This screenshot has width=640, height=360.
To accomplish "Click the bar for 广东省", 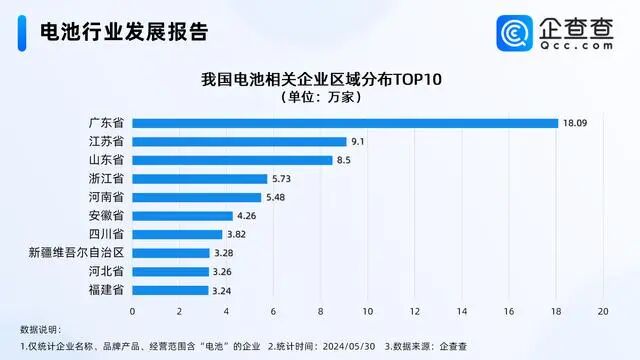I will click(x=345, y=123).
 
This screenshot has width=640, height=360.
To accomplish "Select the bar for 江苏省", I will click(x=239, y=141).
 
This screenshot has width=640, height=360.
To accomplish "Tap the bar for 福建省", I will click(x=170, y=290).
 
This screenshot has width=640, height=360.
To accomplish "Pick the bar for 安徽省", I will click(x=182, y=215).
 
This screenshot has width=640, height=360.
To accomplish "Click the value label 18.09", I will click(x=576, y=123).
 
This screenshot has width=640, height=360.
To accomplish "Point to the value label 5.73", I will click(x=283, y=178).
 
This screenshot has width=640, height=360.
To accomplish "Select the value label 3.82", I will click(x=238, y=234).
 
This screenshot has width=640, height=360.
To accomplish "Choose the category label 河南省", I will click(x=106, y=197).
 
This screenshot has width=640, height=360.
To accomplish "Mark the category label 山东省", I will click(x=106, y=160).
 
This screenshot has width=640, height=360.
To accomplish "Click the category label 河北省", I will click(x=106, y=271).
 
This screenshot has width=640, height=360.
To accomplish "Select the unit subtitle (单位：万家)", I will click(x=320, y=97).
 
